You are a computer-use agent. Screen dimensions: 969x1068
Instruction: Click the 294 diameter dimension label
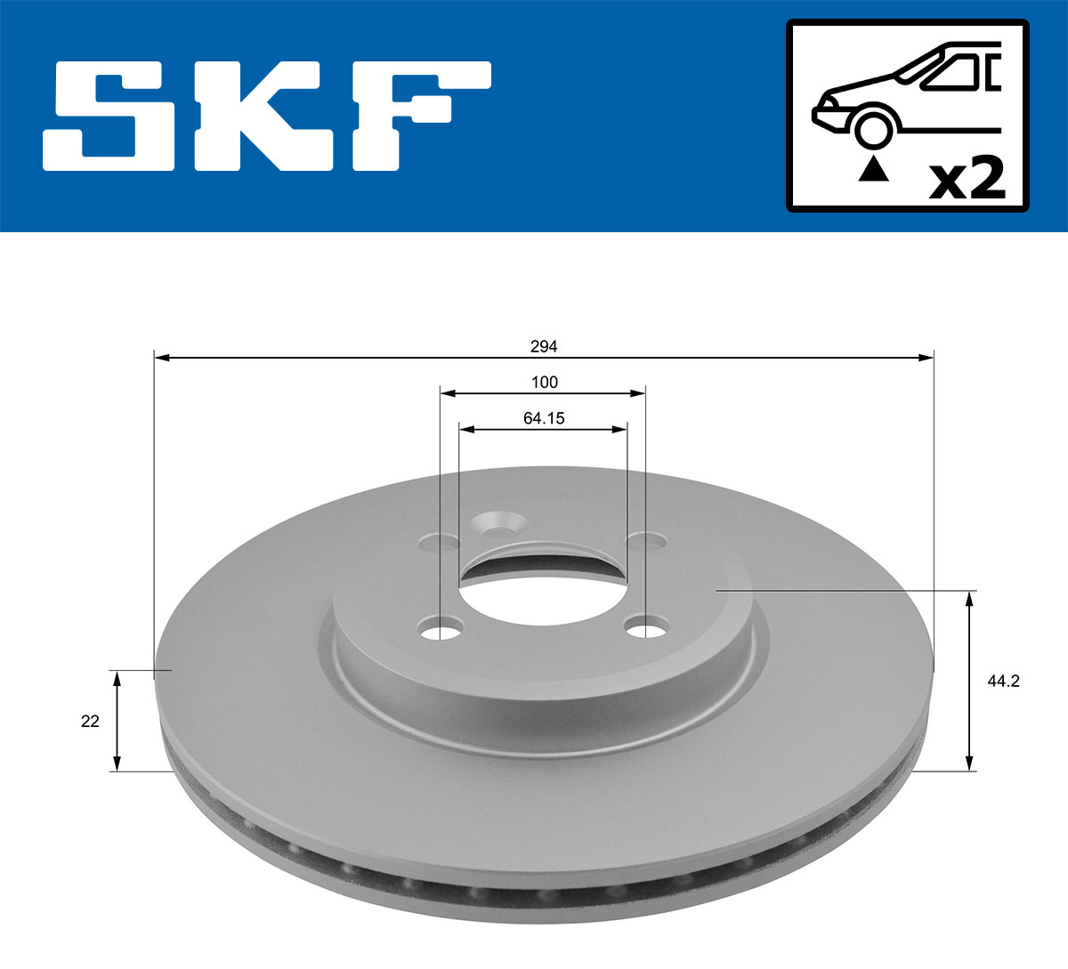[x=544, y=346]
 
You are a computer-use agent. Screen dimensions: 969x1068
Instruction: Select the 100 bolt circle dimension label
[x=544, y=383]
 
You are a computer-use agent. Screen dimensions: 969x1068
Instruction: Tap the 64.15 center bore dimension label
[x=544, y=418]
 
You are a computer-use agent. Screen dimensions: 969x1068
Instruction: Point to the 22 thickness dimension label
[x=90, y=722]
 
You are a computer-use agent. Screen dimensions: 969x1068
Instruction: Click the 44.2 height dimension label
[x=1003, y=682]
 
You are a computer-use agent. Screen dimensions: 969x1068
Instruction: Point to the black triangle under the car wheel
[x=873, y=168]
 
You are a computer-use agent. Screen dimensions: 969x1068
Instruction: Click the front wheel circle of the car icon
[x=872, y=128]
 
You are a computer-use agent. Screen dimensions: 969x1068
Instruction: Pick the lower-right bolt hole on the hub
[x=645, y=629]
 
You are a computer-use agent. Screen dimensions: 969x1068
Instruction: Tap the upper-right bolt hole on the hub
[x=646, y=540]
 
